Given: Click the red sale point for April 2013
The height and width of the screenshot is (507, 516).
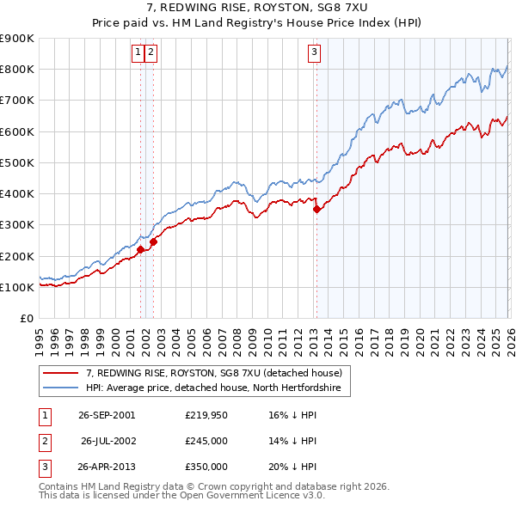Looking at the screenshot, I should click(x=316, y=209).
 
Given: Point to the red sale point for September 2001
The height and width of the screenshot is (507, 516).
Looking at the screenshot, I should click(x=141, y=250).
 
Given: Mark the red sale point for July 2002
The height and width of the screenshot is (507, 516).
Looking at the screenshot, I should click(x=153, y=241).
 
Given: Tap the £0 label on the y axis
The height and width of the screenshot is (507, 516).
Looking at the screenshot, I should click(x=26, y=318).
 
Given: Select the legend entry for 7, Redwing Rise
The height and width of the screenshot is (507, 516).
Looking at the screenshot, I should click(x=214, y=373).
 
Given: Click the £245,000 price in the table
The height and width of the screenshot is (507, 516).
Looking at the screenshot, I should click(x=206, y=441).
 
